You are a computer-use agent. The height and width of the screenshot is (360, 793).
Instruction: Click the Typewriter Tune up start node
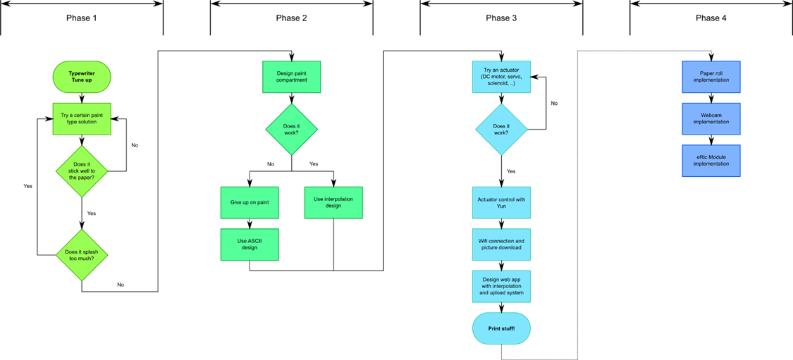point(82,76)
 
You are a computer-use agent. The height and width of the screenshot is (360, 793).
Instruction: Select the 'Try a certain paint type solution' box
point(82,119)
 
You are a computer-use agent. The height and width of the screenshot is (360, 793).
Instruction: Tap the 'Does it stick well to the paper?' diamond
point(82,171)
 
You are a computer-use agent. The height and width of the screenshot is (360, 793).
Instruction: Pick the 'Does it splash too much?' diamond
point(82,255)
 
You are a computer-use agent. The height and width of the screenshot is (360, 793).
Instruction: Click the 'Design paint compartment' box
point(292,77)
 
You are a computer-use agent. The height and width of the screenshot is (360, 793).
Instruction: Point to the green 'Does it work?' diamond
point(292,130)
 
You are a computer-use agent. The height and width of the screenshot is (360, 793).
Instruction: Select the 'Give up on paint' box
point(250,203)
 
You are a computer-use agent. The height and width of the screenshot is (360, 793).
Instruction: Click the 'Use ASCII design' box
point(250,244)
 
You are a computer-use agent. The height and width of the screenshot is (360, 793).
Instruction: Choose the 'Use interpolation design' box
point(334,203)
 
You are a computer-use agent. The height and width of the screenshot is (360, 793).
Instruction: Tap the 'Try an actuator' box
point(501,77)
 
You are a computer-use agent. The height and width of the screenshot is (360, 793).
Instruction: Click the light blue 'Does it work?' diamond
point(501,130)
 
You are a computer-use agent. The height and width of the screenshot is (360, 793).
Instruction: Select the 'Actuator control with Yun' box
point(501,203)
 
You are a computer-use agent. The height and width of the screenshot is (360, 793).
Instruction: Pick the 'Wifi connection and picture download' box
point(501,244)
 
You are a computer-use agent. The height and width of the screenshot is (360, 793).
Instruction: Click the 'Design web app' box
point(501,287)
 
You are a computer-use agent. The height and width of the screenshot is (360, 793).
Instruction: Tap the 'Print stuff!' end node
point(501,329)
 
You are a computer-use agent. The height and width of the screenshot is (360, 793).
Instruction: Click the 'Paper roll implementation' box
point(711,77)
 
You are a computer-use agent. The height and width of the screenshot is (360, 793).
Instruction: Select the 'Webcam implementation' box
point(711,119)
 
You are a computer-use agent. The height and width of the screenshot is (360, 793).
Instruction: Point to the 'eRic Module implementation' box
point(711,161)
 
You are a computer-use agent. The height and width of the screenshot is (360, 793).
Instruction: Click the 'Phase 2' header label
point(291,19)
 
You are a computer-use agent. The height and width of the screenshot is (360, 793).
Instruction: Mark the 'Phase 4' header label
point(711,19)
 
